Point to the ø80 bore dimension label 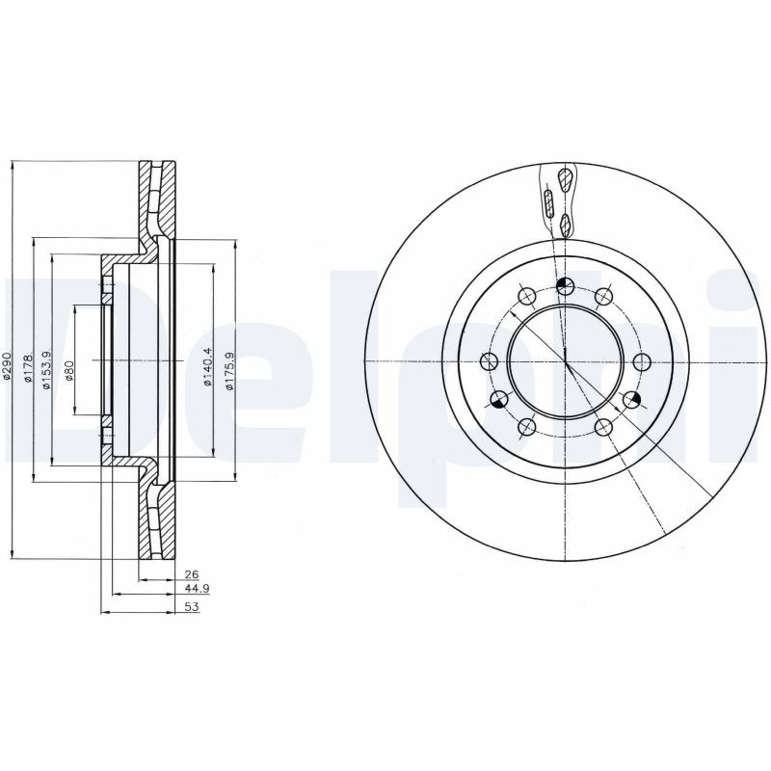tap(69, 370)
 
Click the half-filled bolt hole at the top tap(566, 284)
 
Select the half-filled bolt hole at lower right tap(632, 399)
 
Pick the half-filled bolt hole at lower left tap(499, 399)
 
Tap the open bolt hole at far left tap(489, 362)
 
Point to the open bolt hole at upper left tap(526, 296)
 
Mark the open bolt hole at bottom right tap(604, 427)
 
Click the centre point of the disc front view tap(566, 361)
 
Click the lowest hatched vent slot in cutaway tap(566, 225)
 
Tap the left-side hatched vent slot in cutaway tap(548, 203)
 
